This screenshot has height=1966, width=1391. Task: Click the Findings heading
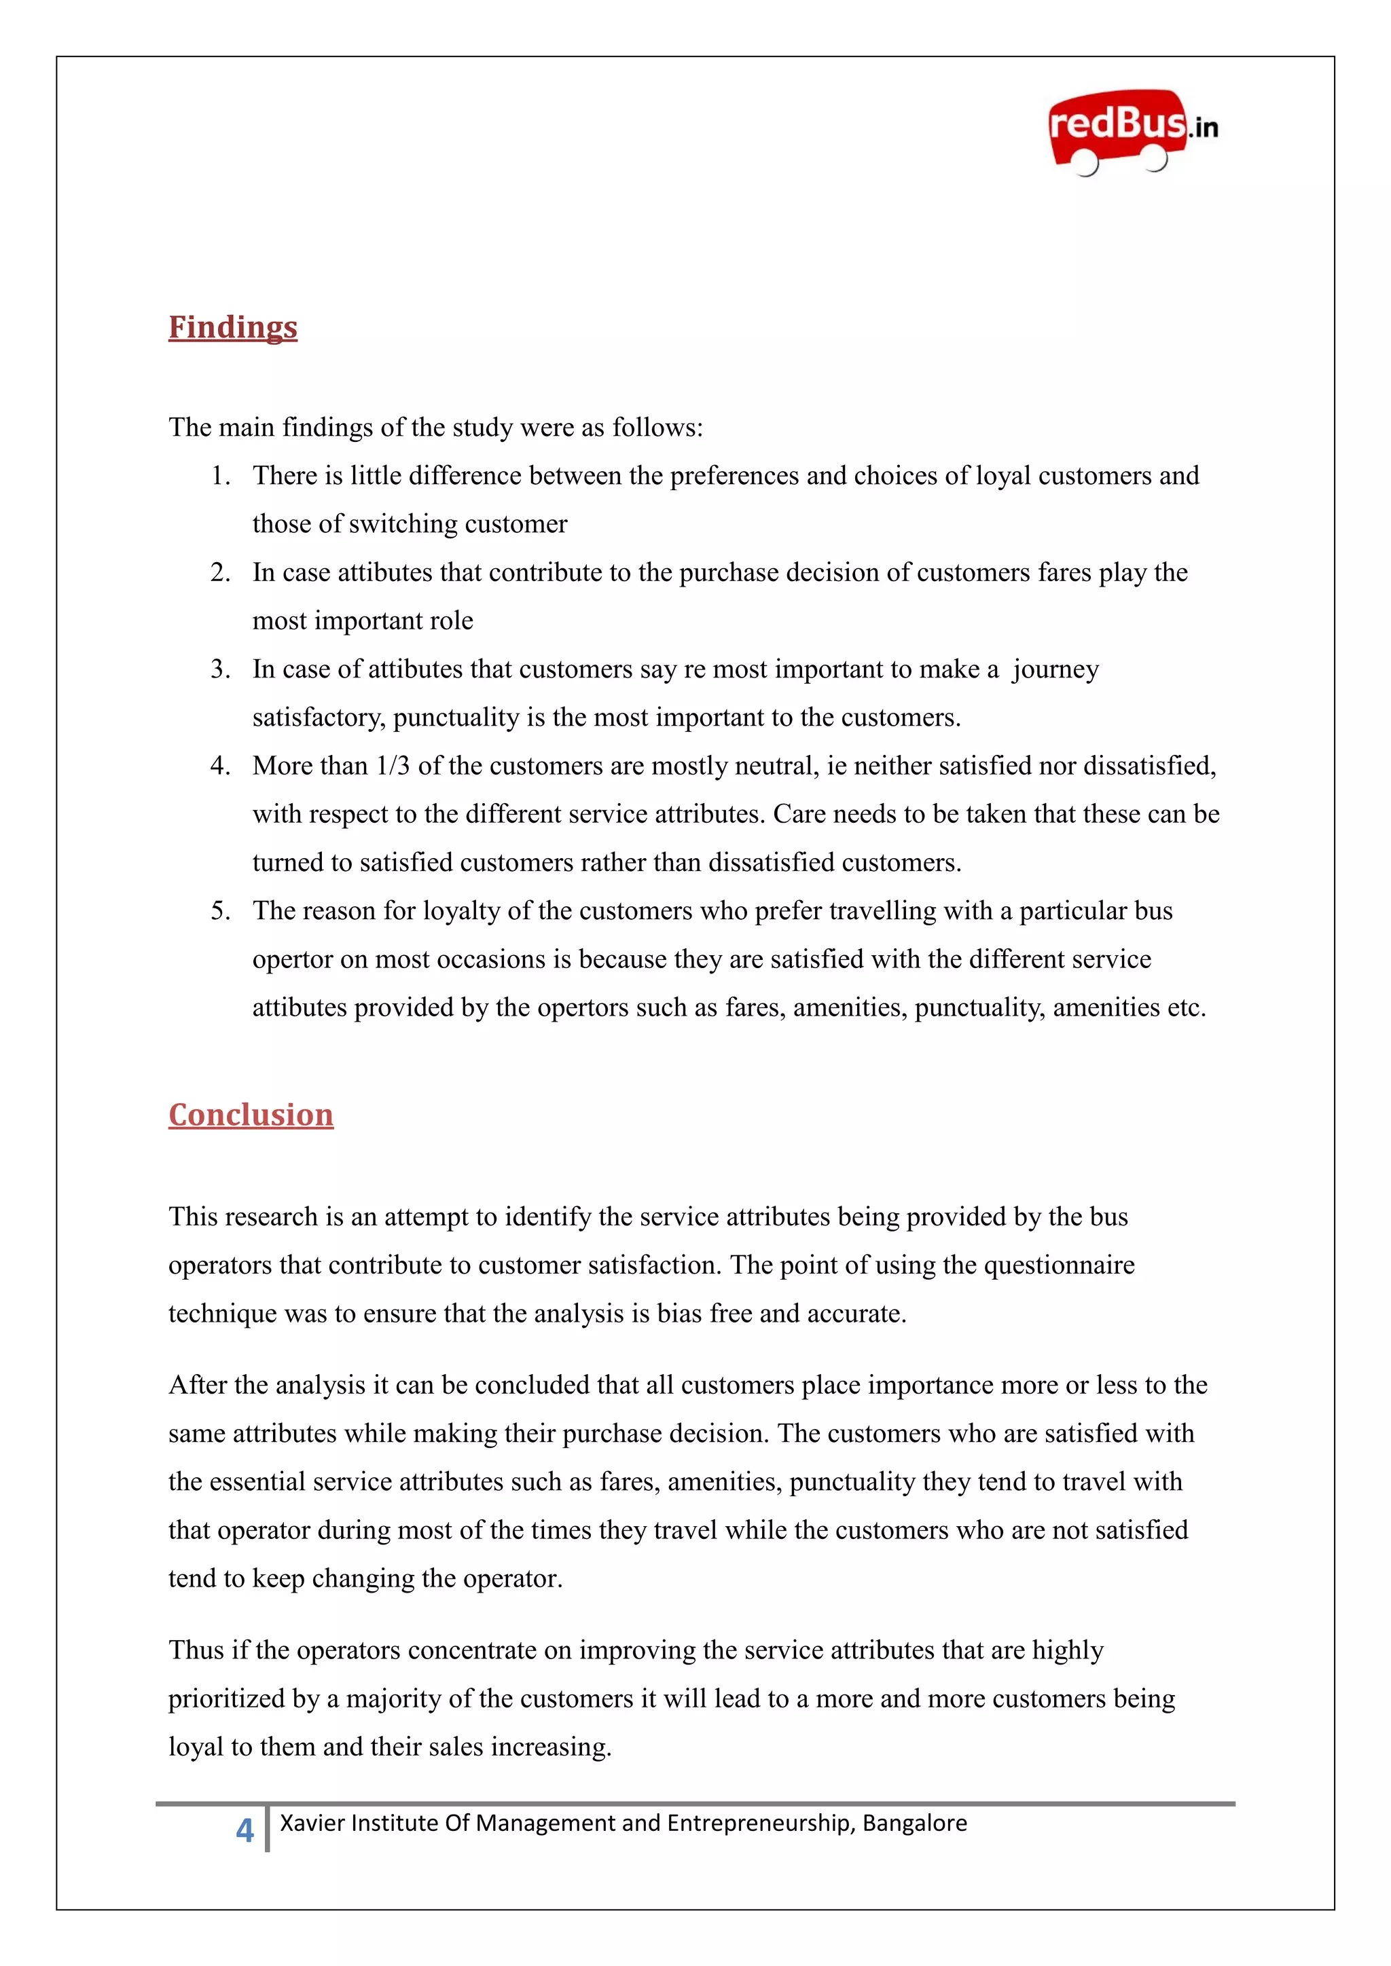pos(233,327)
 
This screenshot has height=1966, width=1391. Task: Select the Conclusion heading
pos(251,1115)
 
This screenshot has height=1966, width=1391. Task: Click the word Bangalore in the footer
pos(915,1823)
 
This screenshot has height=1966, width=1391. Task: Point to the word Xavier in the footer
pos(312,1823)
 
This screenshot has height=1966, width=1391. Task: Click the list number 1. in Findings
pos(221,476)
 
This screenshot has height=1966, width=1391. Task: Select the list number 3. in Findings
pos(221,669)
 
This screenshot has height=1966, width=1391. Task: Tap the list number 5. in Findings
pos(221,911)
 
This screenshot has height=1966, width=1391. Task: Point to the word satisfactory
pos(318,718)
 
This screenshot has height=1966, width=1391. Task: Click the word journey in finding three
pos(1055,669)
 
